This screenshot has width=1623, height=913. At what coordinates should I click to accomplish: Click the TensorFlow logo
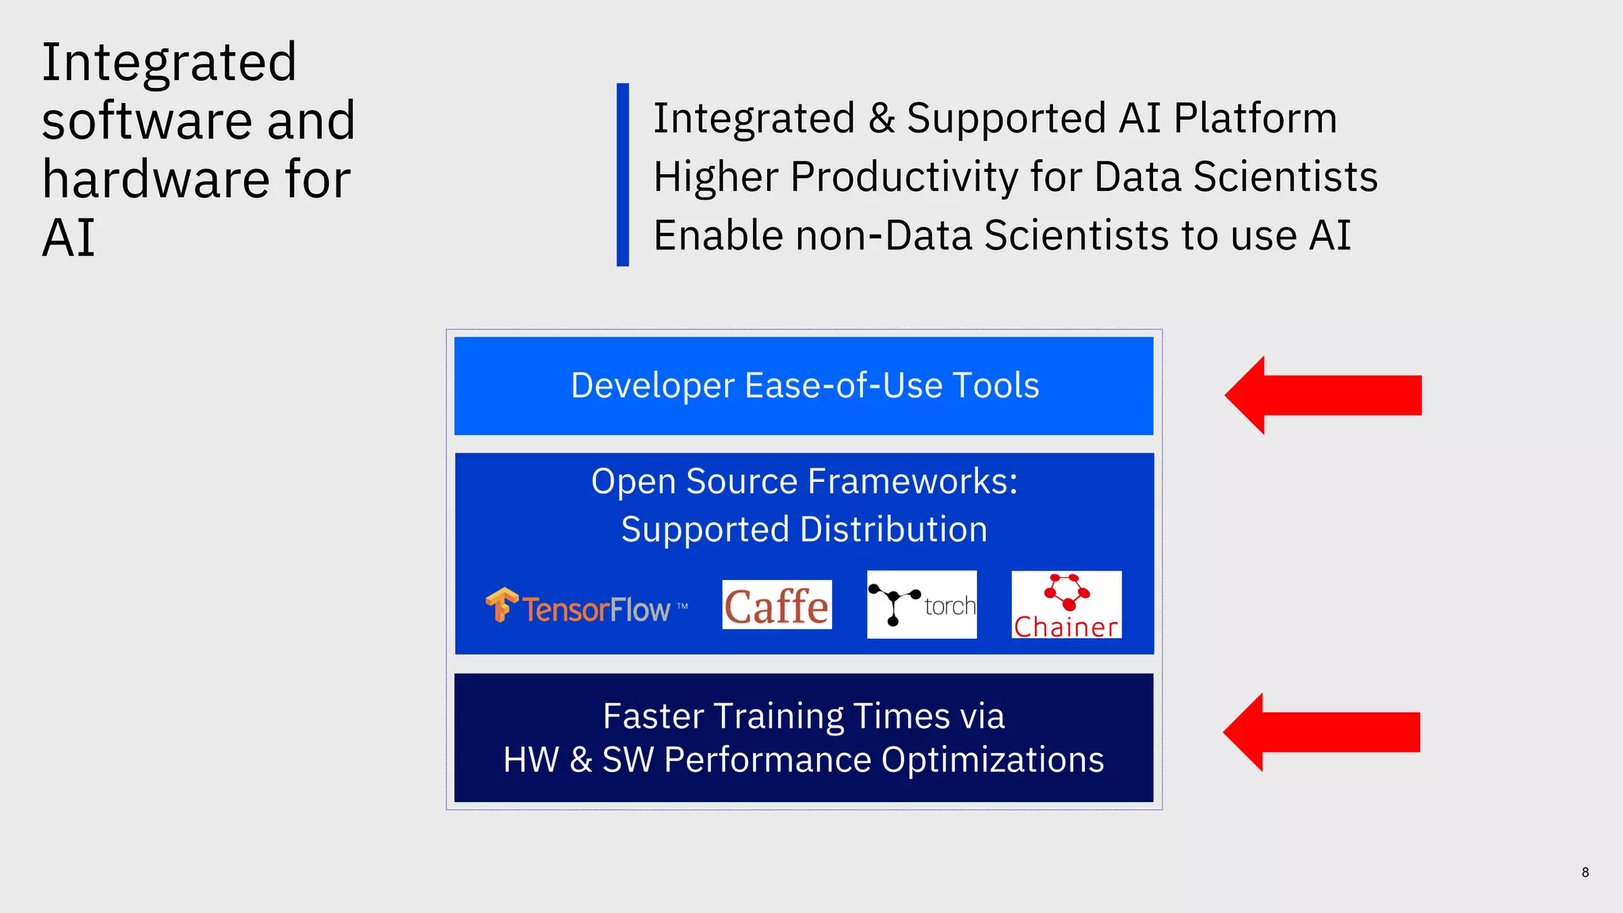click(x=586, y=607)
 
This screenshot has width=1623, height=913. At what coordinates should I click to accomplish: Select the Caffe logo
click(x=777, y=605)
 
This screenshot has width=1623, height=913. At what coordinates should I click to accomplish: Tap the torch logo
click(x=922, y=605)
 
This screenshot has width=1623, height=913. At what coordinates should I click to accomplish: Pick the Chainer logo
click(x=1067, y=605)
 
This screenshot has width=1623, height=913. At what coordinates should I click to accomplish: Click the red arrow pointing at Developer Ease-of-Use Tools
click(x=1323, y=395)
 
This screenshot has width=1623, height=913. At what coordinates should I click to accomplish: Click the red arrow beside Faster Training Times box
click(x=1321, y=732)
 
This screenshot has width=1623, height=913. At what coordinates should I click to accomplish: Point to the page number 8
click(x=1585, y=872)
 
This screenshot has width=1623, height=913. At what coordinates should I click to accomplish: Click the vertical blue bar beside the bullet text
click(x=623, y=174)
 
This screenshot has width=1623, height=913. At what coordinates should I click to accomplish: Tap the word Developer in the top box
click(x=651, y=386)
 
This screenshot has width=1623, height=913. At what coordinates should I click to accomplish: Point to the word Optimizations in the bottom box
click(x=992, y=759)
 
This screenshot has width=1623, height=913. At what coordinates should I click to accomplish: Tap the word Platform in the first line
click(x=1255, y=119)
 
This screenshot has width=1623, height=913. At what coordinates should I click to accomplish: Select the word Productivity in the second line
click(x=903, y=177)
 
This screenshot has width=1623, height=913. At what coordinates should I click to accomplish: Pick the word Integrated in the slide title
click(x=169, y=63)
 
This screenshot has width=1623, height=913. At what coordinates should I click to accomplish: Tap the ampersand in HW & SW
click(x=581, y=759)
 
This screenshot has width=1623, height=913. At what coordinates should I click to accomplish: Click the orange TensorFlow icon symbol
click(x=501, y=605)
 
